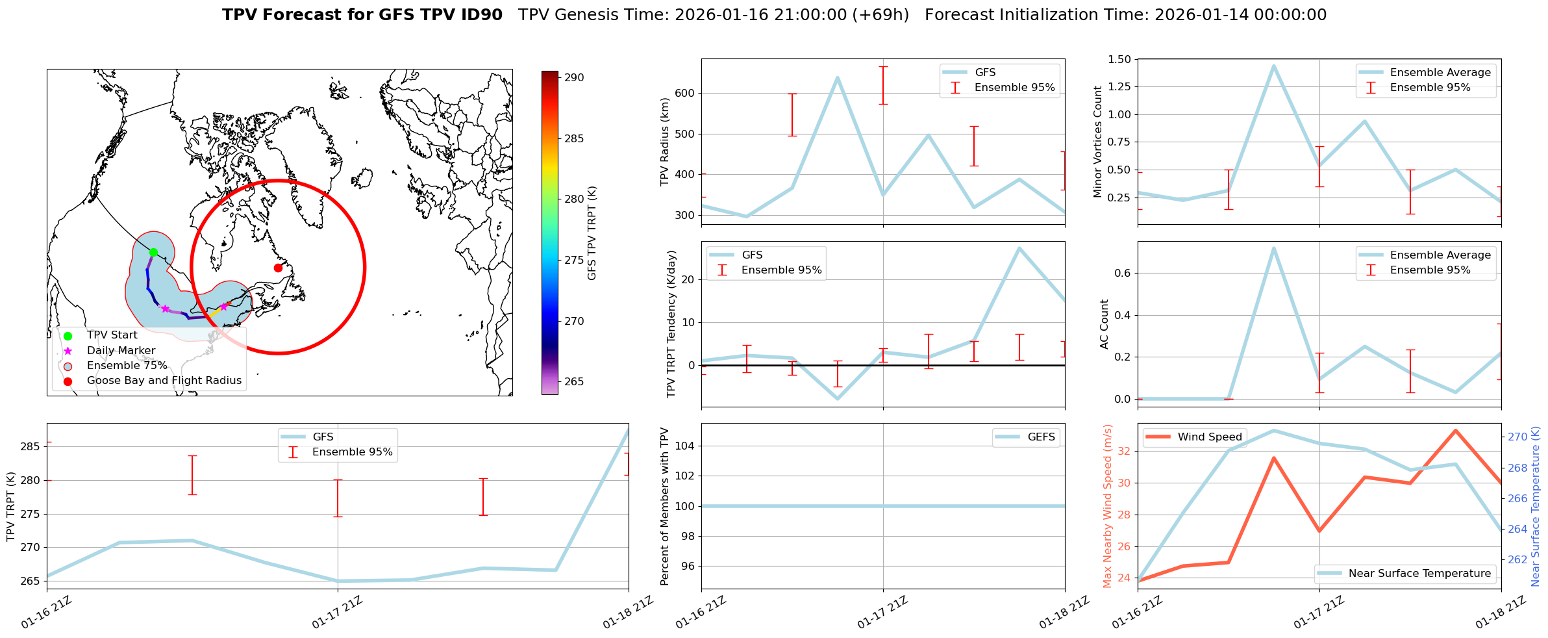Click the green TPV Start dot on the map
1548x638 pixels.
coord(153,252)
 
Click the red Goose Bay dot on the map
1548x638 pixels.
coord(278,268)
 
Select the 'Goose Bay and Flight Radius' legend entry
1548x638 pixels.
coord(164,381)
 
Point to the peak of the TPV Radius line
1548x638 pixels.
coord(837,77)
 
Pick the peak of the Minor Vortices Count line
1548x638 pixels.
coord(1273,66)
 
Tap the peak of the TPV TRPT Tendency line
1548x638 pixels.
coord(1019,248)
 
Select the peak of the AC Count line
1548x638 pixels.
coord(1273,248)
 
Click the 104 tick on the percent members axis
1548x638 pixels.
coord(686,446)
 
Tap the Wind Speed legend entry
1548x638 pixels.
coord(1210,437)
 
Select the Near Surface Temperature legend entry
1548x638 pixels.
coord(1419,574)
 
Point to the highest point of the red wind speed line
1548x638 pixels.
coord(1455,430)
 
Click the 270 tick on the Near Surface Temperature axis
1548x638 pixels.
coord(1517,437)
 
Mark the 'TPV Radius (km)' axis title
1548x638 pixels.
coord(664,142)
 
